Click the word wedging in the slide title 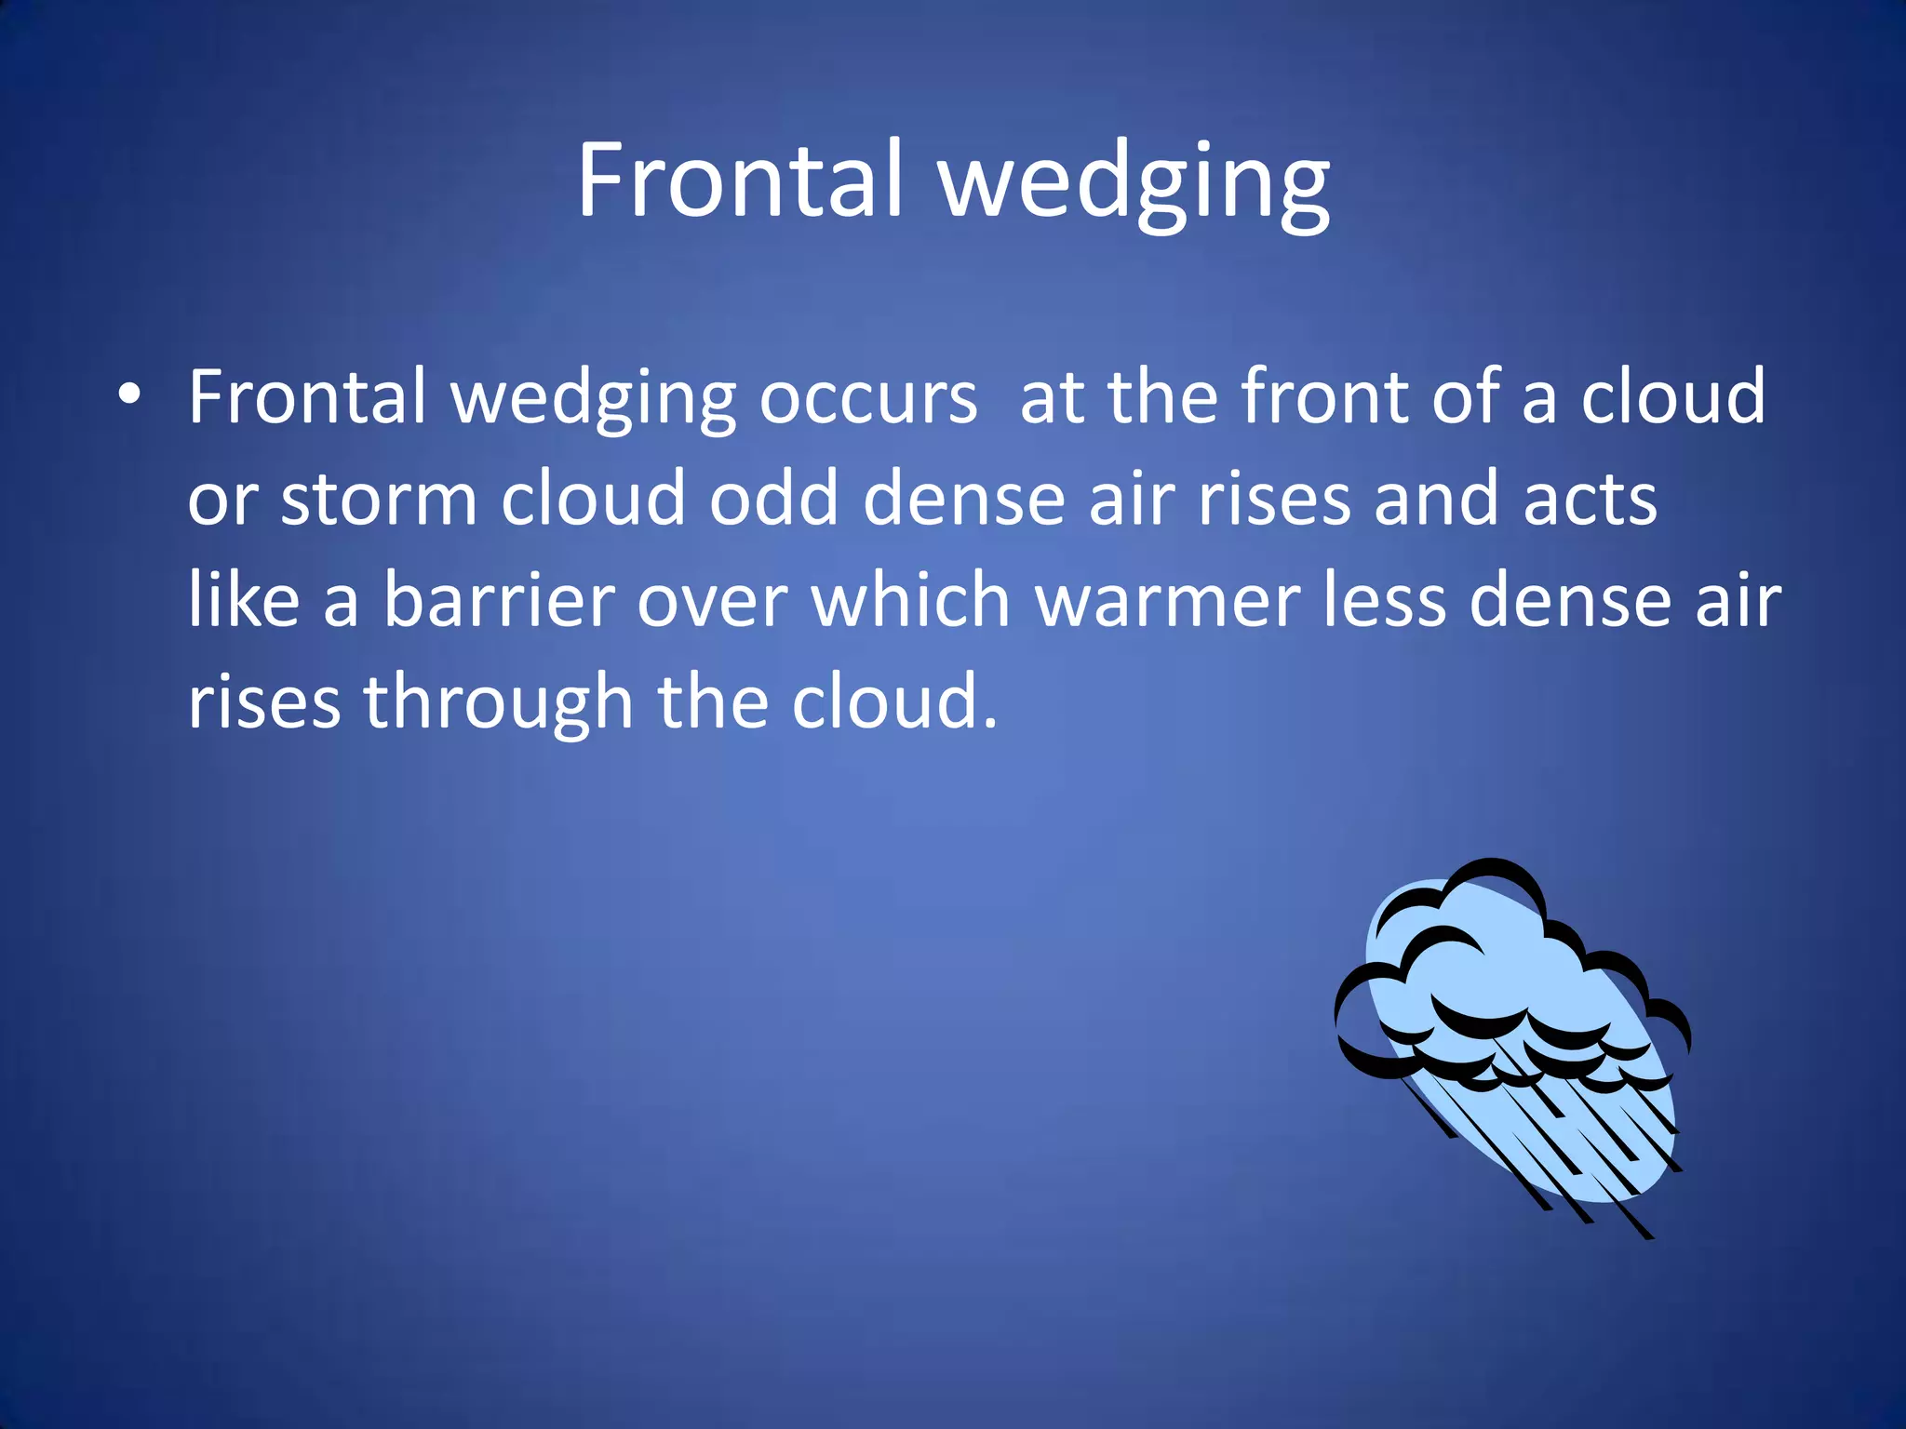[x=1134, y=184]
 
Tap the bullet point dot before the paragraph [x=129, y=394]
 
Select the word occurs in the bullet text [x=867, y=398]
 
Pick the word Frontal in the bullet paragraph [x=307, y=396]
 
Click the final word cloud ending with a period [x=893, y=701]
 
